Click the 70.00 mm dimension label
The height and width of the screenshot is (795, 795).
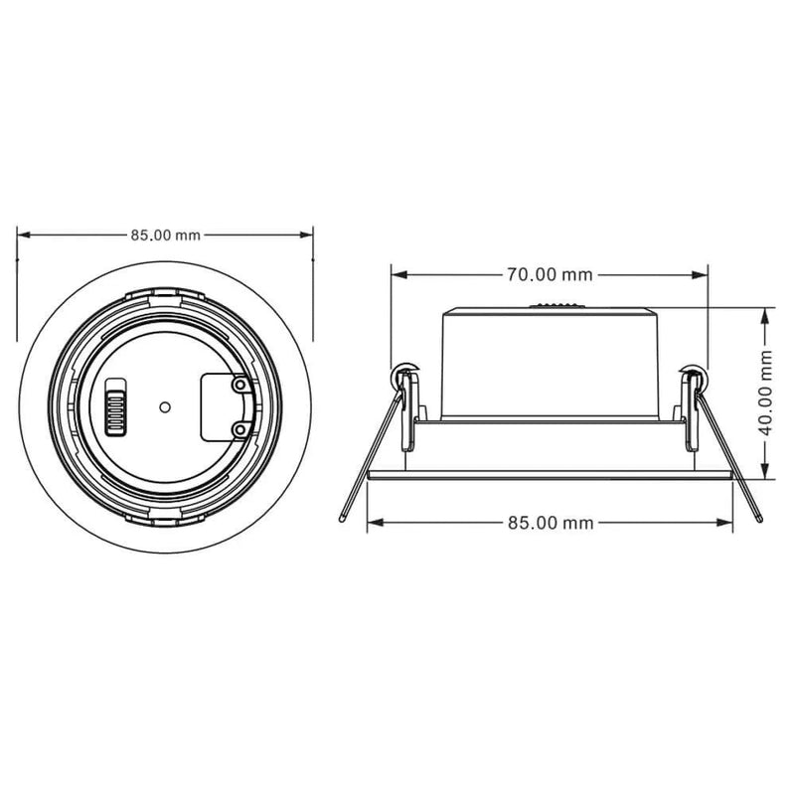[550, 273]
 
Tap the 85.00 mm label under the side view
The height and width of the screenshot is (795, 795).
[550, 522]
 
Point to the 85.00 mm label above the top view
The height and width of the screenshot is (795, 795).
[166, 236]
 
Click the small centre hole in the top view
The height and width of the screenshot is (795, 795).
[165, 405]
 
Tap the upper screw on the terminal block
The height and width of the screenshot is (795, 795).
[238, 384]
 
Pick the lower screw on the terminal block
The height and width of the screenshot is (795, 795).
[238, 427]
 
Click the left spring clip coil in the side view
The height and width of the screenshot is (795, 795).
[405, 377]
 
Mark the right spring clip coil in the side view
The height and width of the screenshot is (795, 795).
[692, 377]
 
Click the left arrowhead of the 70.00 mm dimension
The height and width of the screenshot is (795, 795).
[397, 273]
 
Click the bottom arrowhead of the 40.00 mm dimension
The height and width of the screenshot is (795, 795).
[764, 475]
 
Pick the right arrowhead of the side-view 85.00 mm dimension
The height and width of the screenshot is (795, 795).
[730, 522]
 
